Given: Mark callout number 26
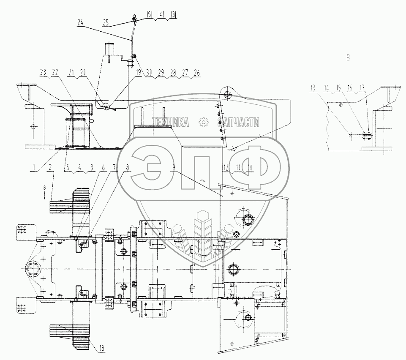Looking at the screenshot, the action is coord(196,73).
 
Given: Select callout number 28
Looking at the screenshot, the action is coord(173,73).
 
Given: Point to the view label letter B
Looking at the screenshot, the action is coord(348,58).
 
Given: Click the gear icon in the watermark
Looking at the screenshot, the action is coord(204,123).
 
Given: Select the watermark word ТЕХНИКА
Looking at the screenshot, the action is coord(172,123).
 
